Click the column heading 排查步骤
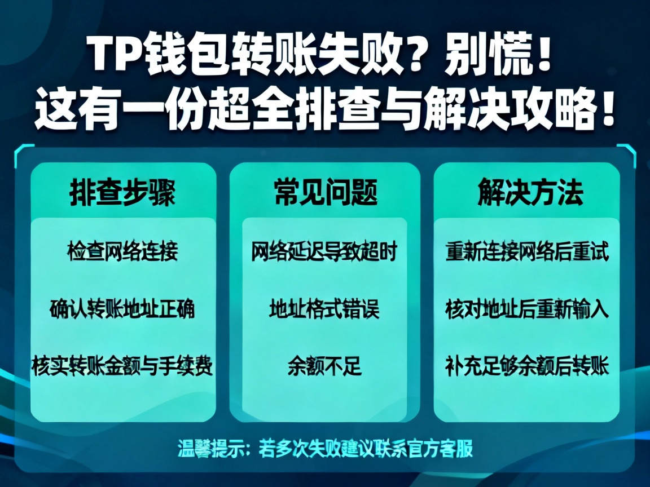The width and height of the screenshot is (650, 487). (x=122, y=193)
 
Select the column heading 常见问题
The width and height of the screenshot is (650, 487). (x=325, y=193)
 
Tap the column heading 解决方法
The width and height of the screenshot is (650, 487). (x=530, y=193)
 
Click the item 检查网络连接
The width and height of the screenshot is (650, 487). (x=122, y=251)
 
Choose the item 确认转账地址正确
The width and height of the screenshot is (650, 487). (x=122, y=309)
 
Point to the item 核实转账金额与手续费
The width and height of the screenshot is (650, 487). (x=122, y=366)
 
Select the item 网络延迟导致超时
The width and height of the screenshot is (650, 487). (x=324, y=251)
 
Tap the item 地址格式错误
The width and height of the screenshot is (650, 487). (x=324, y=309)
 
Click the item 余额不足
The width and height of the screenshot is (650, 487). (x=324, y=366)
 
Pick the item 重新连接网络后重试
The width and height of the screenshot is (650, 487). (x=528, y=251)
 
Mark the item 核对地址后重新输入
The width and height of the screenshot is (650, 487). (x=528, y=309)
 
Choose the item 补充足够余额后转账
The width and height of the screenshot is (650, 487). (x=528, y=366)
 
